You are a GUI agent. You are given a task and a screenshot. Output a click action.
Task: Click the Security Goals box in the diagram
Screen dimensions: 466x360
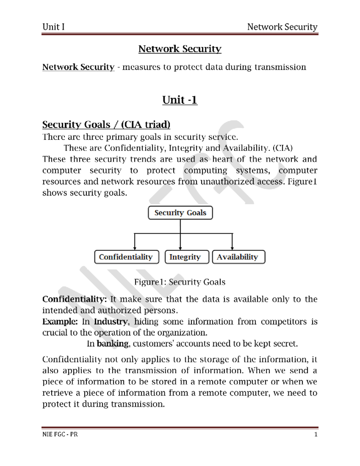[x=180, y=213]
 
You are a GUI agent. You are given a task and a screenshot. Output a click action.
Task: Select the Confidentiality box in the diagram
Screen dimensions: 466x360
[x=127, y=257]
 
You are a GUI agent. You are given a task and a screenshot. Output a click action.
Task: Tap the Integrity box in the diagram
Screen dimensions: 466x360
[x=187, y=257]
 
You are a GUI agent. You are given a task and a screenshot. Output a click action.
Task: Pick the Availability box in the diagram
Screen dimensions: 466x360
[x=238, y=257]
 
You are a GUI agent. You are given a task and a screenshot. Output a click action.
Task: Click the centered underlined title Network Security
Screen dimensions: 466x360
[x=180, y=49]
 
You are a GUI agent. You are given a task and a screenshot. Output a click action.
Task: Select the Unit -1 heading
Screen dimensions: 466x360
[x=180, y=100]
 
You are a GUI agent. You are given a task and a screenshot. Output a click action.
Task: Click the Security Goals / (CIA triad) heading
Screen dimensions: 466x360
[x=106, y=125]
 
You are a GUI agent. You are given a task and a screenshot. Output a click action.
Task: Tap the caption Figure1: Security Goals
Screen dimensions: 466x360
[x=179, y=282]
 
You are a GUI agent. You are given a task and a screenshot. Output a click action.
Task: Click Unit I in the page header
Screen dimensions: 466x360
[x=53, y=27]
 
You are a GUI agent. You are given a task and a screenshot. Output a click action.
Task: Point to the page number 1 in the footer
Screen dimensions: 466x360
[x=316, y=434]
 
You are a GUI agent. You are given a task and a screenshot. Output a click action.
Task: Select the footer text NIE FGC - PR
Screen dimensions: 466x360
[x=60, y=434]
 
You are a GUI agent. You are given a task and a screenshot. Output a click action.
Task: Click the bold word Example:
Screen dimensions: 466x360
[x=60, y=322]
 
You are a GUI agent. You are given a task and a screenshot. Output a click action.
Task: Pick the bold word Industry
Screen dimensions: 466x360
[x=111, y=322]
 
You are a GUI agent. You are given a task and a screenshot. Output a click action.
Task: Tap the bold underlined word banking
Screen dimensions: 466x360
[x=112, y=344]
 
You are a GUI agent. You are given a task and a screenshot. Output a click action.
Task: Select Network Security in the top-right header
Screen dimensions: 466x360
[x=282, y=27]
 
